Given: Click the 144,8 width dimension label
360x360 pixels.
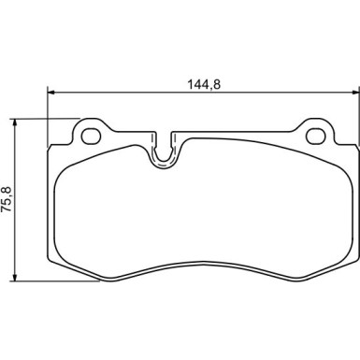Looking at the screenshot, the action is pyautogui.click(x=204, y=84).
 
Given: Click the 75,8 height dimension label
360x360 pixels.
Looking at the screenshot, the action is pyautogui.click(x=7, y=199).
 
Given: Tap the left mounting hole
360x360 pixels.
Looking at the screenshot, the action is pyautogui.click(x=91, y=136).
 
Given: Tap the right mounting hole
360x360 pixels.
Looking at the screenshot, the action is pyautogui.click(x=316, y=136).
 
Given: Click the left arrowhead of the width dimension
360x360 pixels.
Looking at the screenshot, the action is pyautogui.click(x=50, y=92).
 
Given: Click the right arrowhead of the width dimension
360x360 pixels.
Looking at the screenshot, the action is pyautogui.click(x=356, y=92).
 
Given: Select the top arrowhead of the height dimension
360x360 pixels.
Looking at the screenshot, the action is pyautogui.click(x=14, y=122).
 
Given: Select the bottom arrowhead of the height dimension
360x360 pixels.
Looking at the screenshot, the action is pyautogui.click(x=14, y=278).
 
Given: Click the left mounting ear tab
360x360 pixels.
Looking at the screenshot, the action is pyautogui.click(x=92, y=133).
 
